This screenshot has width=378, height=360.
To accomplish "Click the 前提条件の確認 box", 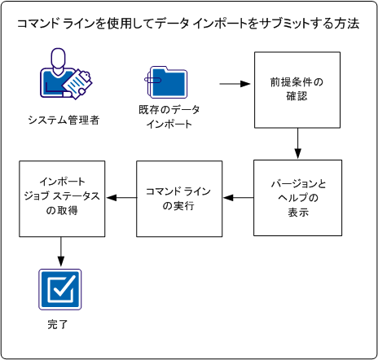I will (x=298, y=91).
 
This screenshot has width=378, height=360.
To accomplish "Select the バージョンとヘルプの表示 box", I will (x=297, y=198).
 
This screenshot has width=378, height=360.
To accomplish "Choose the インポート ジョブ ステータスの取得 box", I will (x=62, y=198).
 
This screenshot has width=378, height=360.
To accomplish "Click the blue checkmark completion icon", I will (x=62, y=289).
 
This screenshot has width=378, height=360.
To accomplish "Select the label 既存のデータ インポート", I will (x=169, y=116).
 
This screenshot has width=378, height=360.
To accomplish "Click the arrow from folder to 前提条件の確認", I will (x=232, y=84).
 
